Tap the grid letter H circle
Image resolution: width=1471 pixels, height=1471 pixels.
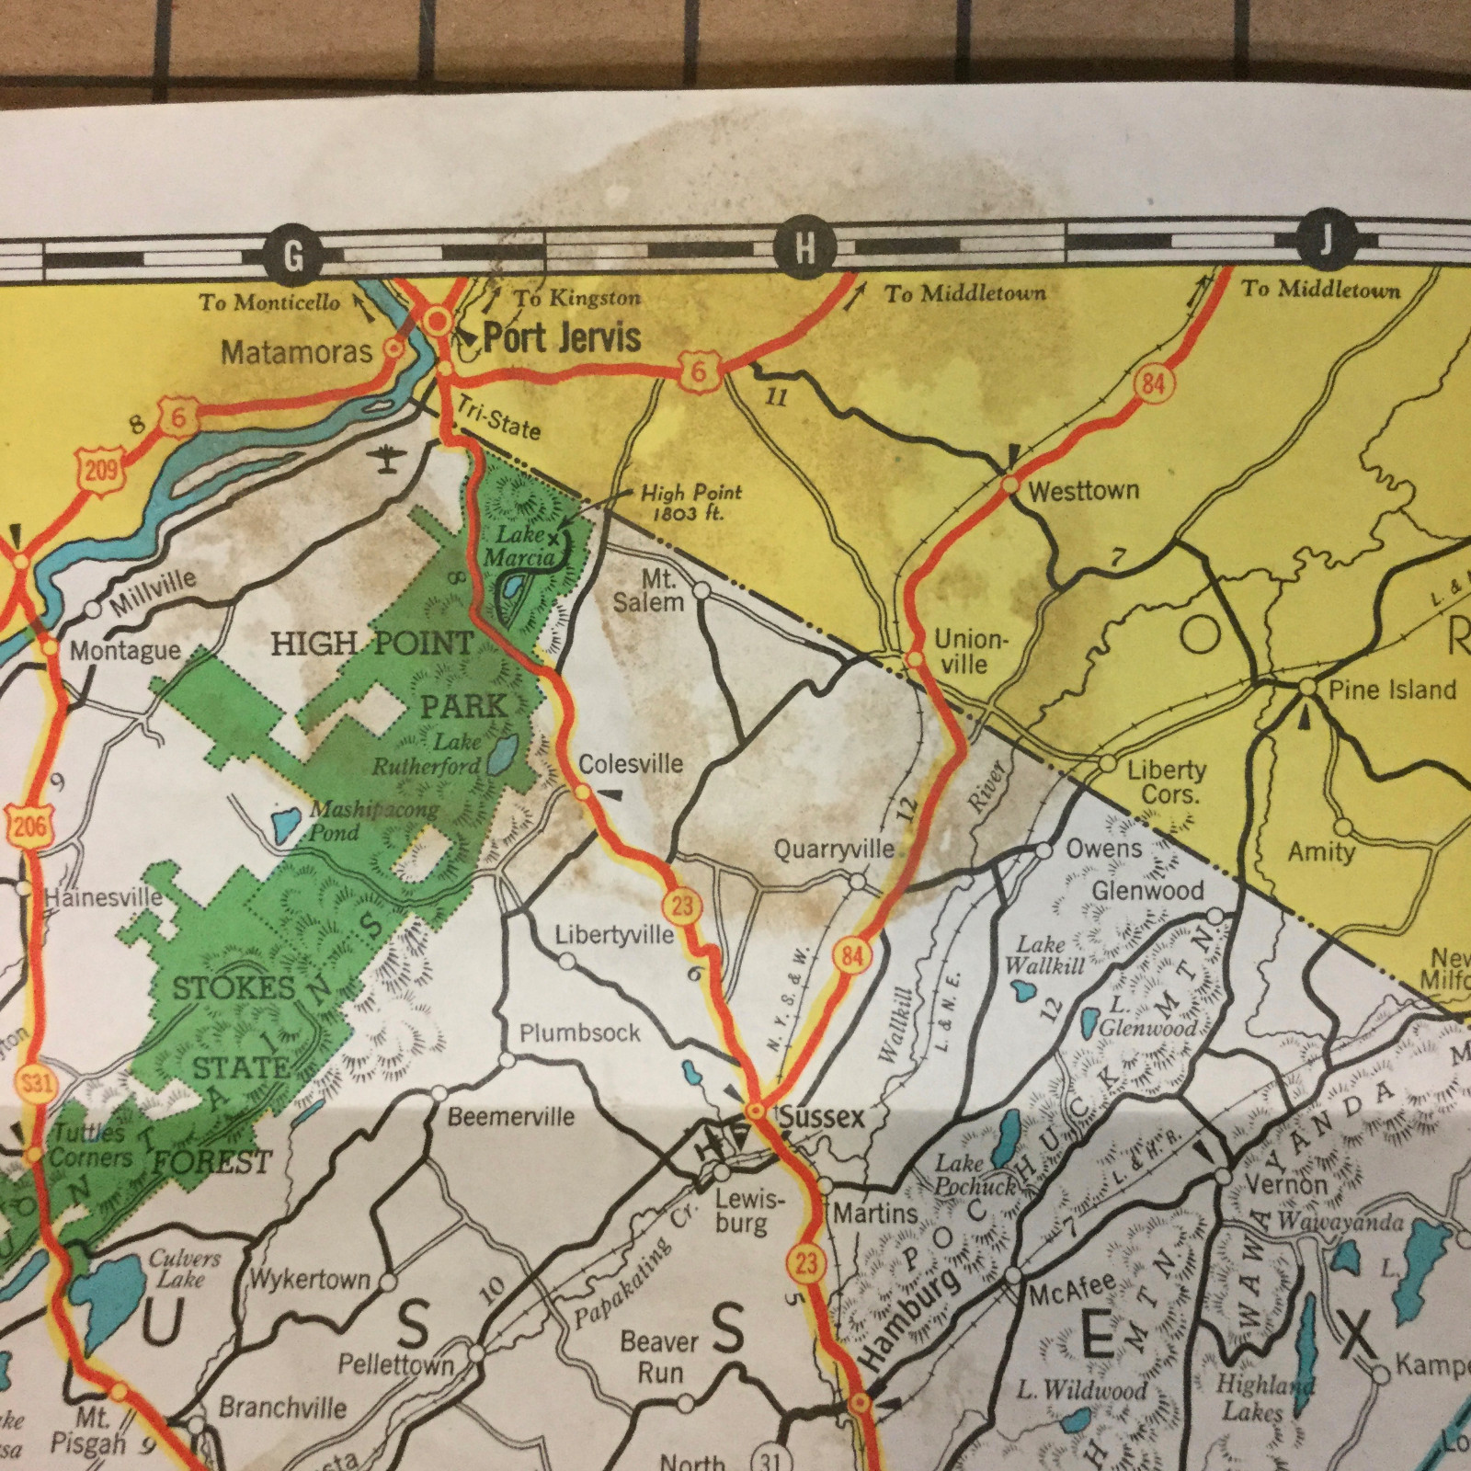click(x=804, y=249)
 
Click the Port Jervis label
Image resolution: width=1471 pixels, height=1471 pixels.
click(x=562, y=337)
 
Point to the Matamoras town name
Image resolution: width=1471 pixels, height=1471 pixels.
click(x=296, y=351)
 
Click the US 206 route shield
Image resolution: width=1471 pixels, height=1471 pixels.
click(x=29, y=825)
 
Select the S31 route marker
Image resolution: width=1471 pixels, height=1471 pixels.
click(x=37, y=1082)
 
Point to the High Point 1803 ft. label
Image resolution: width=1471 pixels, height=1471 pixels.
click(x=690, y=502)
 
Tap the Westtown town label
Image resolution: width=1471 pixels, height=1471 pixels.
click(x=1083, y=491)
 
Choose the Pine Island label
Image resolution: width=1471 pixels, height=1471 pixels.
click(x=1392, y=690)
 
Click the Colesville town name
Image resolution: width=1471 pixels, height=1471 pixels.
click(x=631, y=763)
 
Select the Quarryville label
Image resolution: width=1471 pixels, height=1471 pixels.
click(x=833, y=849)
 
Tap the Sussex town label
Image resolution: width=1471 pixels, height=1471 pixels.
click(x=821, y=1116)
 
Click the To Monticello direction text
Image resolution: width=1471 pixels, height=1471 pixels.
click(x=270, y=302)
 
